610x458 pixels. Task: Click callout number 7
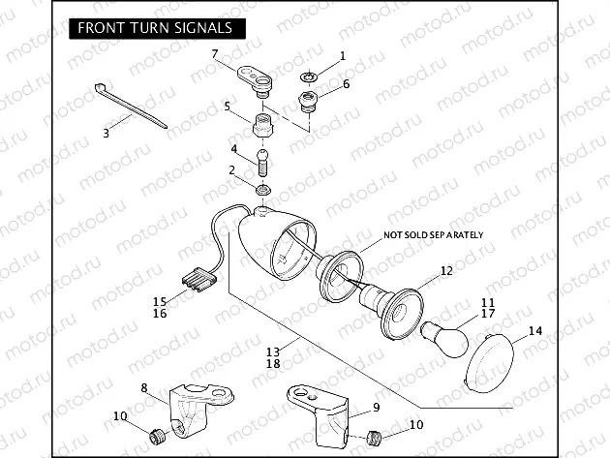click(x=216, y=53)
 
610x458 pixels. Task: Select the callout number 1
click(x=341, y=57)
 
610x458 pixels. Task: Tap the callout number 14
click(x=535, y=331)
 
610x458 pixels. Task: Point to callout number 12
click(x=446, y=272)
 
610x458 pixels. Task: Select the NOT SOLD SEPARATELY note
click(x=434, y=235)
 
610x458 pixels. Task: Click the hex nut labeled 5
click(x=261, y=126)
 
